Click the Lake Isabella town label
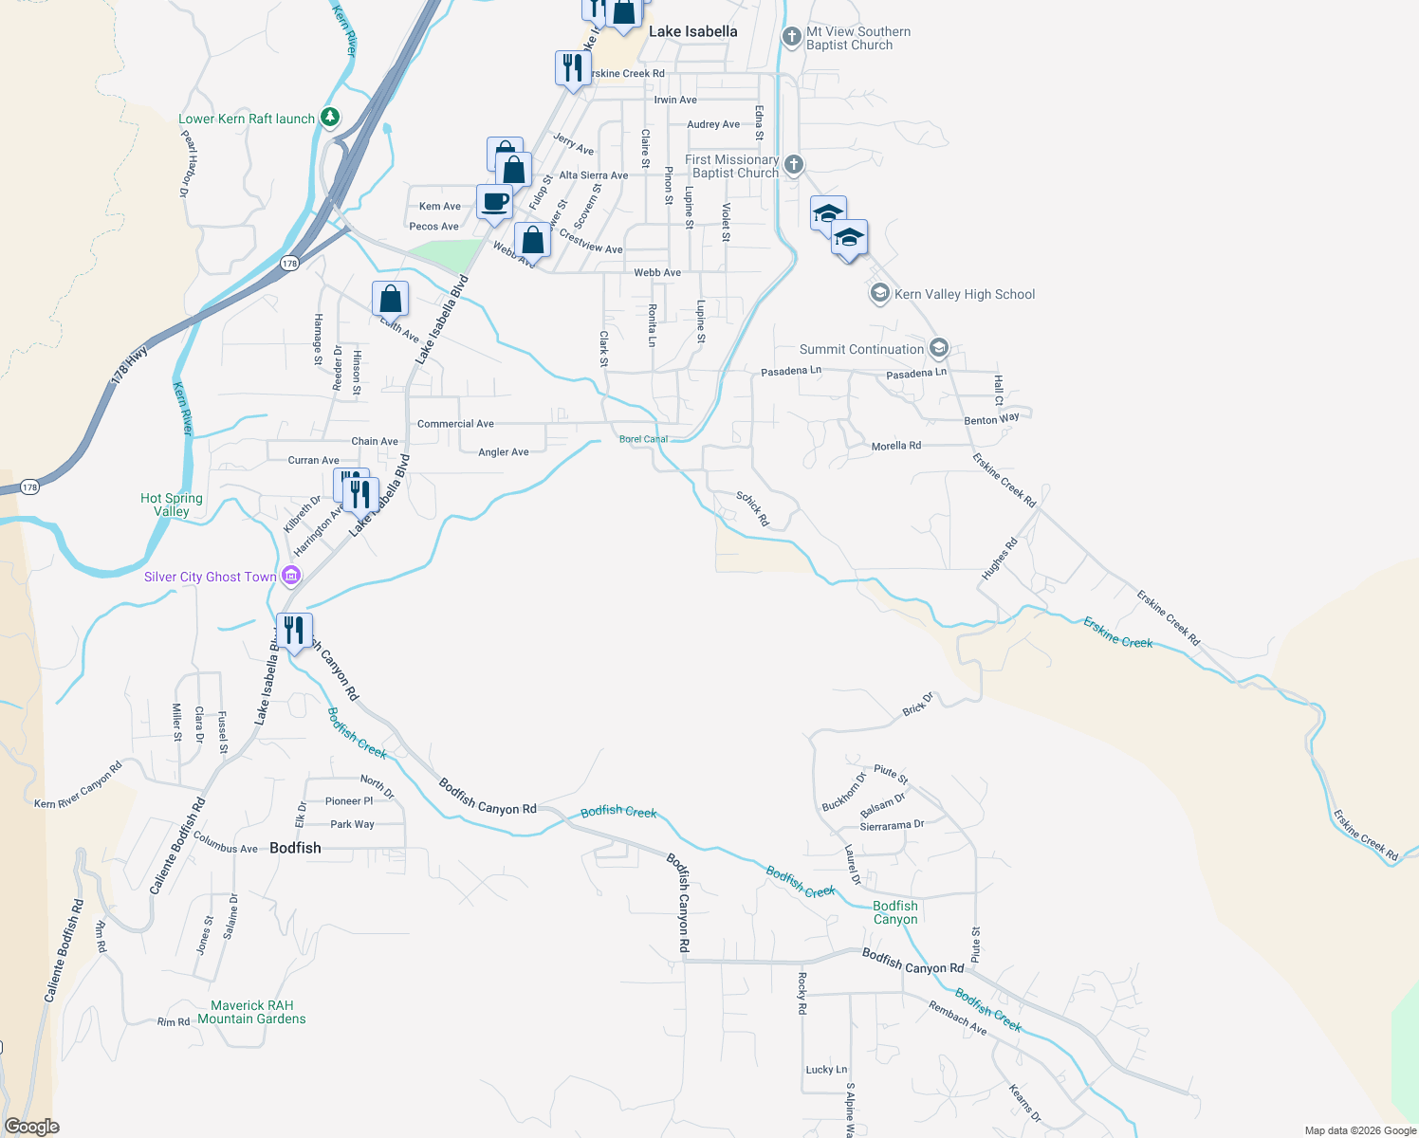click(692, 31)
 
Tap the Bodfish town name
click(295, 848)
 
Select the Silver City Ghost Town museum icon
click(291, 576)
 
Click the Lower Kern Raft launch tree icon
click(329, 118)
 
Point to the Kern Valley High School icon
click(879, 294)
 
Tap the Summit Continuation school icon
click(938, 348)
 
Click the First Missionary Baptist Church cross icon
click(794, 165)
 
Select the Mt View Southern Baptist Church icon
click(791, 37)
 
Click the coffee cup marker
click(494, 202)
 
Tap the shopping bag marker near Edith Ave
click(390, 299)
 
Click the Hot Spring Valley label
click(172, 505)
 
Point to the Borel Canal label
click(643, 439)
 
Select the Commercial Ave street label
click(455, 424)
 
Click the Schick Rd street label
click(752, 509)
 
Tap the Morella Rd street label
click(895, 446)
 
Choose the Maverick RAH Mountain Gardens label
click(252, 1012)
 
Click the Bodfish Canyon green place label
click(895, 912)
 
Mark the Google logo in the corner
click(31, 1127)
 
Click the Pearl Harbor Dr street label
click(189, 163)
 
